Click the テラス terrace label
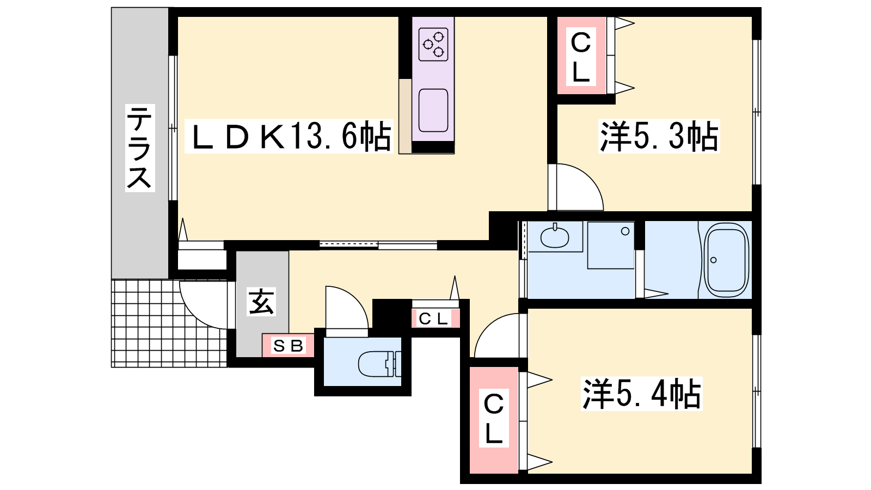click(140, 148)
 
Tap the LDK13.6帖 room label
click(289, 136)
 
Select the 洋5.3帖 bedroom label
click(659, 136)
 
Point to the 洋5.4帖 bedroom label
click(642, 394)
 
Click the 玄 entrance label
click(262, 302)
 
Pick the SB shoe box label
click(288, 345)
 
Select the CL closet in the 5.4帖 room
click(494, 418)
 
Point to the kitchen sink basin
click(433, 111)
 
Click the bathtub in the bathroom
click(726, 260)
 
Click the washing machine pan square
click(611, 245)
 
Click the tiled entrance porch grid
click(169, 323)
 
